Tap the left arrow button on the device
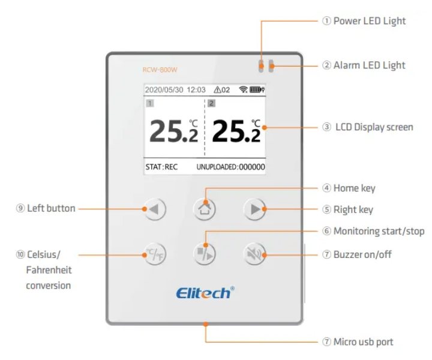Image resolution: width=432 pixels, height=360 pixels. click(154, 209)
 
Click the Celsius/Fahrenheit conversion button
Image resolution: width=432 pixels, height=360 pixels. click(154, 254)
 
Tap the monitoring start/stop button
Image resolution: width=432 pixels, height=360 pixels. click(205, 254)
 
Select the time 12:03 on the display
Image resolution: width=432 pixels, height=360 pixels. click(196, 90)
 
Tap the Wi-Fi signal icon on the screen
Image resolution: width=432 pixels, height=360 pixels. click(243, 90)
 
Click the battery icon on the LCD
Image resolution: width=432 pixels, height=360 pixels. click(257, 90)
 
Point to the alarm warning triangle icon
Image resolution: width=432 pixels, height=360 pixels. click(217, 90)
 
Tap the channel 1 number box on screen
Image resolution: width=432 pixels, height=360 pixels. click(150, 103)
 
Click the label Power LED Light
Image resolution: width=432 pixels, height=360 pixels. click(370, 21)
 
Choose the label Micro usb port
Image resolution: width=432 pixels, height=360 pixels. click(364, 342)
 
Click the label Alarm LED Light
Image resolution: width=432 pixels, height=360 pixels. click(369, 65)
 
